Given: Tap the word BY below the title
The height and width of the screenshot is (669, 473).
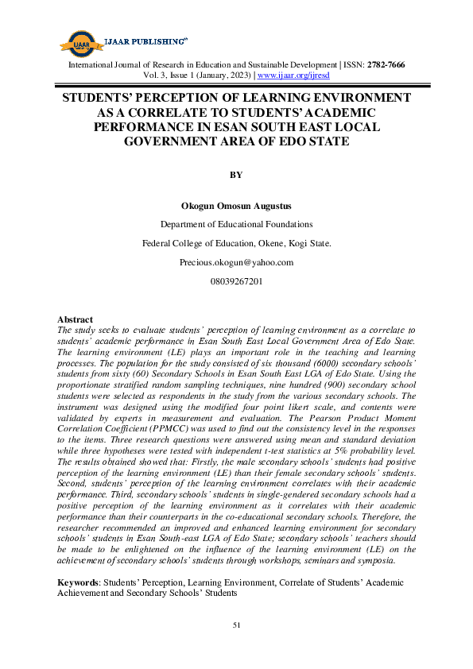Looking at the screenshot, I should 236,175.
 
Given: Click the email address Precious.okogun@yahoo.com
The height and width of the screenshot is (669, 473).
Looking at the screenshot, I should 236,262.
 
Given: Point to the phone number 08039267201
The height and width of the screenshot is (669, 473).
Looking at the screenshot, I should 236,281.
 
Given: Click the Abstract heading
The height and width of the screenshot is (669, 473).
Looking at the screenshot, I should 76,319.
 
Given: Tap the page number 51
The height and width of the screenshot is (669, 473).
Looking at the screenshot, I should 236,626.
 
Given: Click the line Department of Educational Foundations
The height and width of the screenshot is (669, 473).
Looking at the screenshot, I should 236,224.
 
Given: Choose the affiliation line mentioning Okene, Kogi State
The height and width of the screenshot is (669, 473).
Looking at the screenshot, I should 236,243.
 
